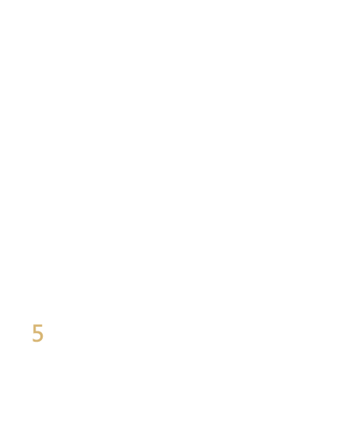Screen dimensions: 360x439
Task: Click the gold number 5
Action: pos(38,333)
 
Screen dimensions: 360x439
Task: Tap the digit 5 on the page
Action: pos(38,333)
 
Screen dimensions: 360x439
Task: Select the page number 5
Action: pos(38,333)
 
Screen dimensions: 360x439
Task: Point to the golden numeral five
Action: pos(38,333)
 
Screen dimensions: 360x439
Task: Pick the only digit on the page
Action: pos(38,333)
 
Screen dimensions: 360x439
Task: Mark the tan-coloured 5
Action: pos(38,333)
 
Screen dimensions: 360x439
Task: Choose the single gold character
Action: pos(38,333)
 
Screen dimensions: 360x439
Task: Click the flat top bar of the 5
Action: pos(38,325)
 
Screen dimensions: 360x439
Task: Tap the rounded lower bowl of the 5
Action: pos(41,336)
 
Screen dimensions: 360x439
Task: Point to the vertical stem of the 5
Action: pos(35,328)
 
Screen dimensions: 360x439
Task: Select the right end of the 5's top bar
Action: pos(42,325)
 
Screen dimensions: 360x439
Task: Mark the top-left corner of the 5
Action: pos(34,324)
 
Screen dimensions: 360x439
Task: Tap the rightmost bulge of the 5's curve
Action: pos(44,336)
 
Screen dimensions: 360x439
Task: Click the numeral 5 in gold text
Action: pos(38,333)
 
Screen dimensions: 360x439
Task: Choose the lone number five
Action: pos(38,333)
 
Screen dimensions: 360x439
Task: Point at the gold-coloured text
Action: pos(38,333)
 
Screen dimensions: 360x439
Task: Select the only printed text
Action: pos(38,333)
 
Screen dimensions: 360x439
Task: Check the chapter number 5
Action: pos(38,333)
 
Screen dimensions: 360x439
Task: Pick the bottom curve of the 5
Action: pos(37,341)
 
